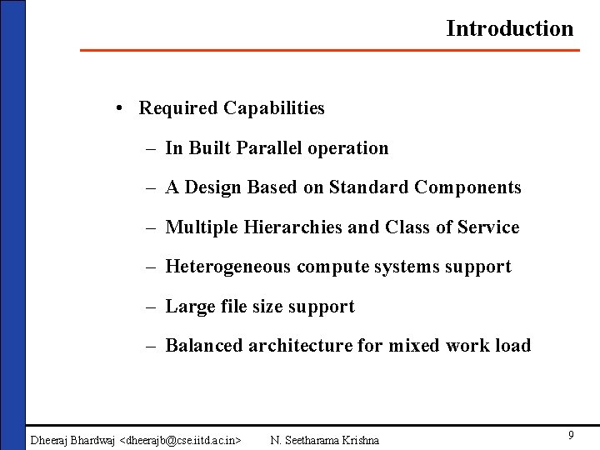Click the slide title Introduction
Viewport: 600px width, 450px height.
(509, 28)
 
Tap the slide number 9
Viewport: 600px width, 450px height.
(571, 435)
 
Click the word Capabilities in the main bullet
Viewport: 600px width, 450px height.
(273, 108)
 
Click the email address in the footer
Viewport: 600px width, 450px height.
(181, 440)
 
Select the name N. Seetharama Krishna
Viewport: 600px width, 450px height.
(325, 440)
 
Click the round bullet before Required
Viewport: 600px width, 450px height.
(122, 108)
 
